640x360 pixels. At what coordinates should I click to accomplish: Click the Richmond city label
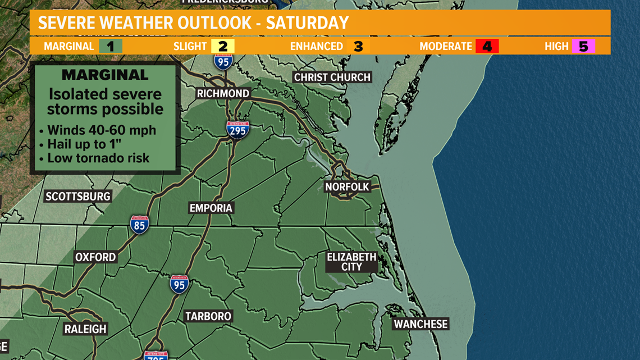[x=223, y=94]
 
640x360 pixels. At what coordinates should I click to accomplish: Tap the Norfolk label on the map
[x=347, y=187]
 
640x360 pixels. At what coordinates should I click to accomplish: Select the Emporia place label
[x=211, y=208]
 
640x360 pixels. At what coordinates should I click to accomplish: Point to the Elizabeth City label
[x=351, y=262]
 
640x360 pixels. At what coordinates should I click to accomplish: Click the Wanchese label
[x=420, y=325]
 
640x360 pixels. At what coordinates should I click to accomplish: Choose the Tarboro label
[x=208, y=317]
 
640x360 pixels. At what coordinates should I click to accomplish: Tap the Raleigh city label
[x=85, y=329]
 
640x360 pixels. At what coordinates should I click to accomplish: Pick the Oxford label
[x=95, y=257]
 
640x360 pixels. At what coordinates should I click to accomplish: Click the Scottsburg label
[x=78, y=197]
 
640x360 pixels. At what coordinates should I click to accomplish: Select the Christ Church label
[x=332, y=78]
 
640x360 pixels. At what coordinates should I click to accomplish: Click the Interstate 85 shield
[x=139, y=225]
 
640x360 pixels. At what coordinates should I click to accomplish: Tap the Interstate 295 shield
[x=237, y=130]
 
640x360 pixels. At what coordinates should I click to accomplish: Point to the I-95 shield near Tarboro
[x=179, y=284]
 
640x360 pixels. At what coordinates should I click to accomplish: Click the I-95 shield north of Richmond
[x=223, y=61]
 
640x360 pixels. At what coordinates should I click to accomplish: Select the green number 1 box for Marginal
[x=111, y=46]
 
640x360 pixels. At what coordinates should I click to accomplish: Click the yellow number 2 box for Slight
[x=222, y=46]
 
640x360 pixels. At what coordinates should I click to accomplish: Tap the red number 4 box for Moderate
[x=487, y=46]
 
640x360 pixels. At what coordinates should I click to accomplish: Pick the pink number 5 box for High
[x=583, y=46]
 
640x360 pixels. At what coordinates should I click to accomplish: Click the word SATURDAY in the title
[x=307, y=23]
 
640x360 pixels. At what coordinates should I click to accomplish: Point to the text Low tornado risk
[x=98, y=158]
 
